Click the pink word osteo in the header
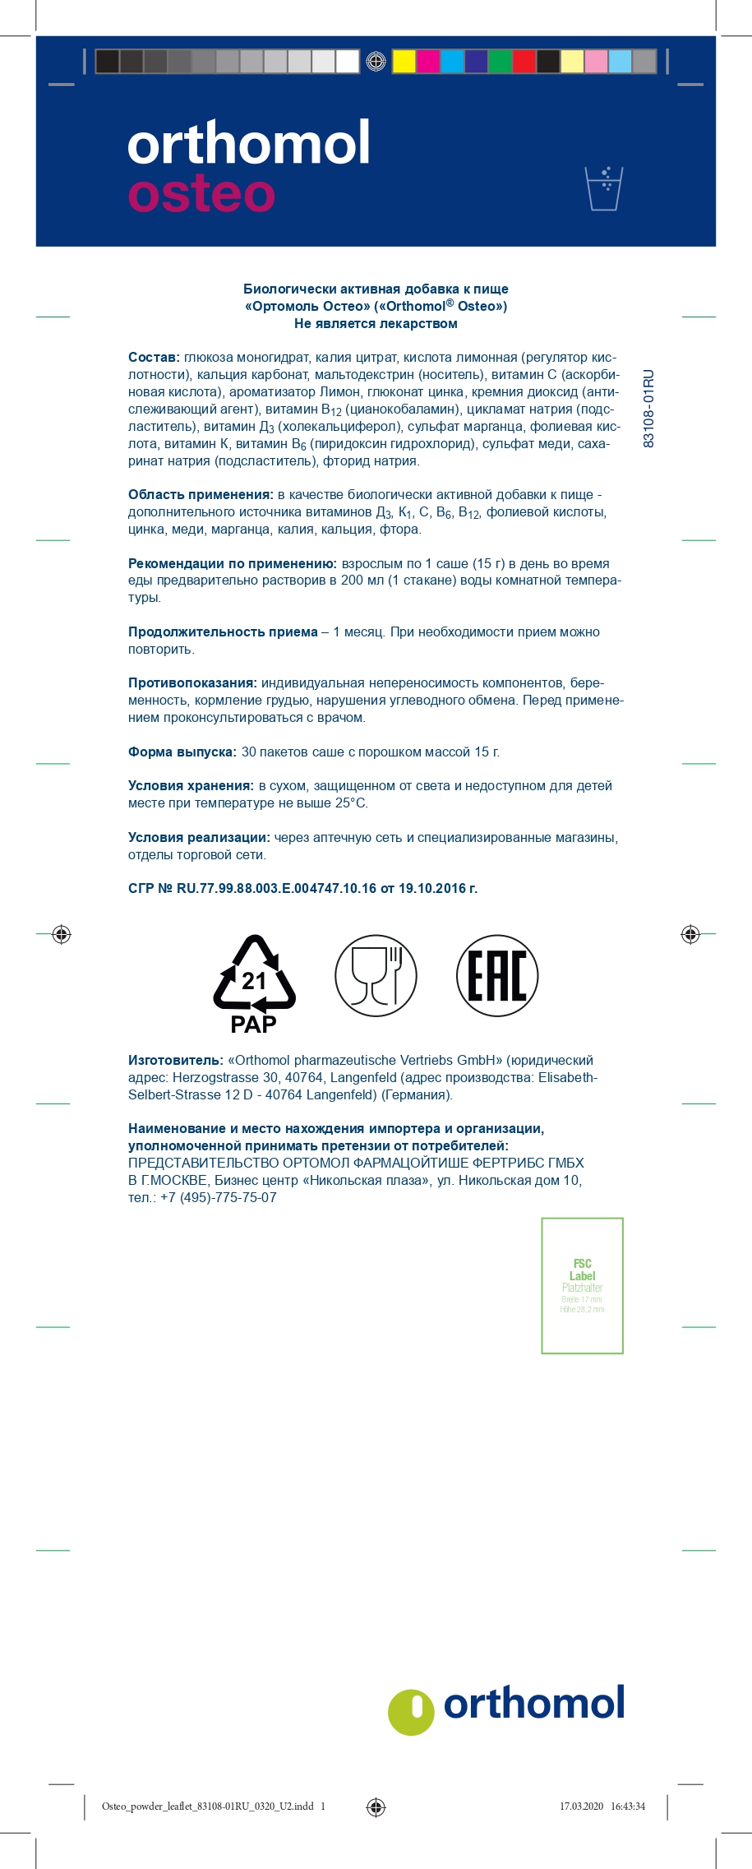pyautogui.click(x=201, y=194)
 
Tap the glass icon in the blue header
pyautogui.click(x=604, y=188)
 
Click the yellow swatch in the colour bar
pyautogui.click(x=404, y=62)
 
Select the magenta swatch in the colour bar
pyautogui.click(x=427, y=62)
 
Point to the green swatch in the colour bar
pyautogui.click(x=500, y=62)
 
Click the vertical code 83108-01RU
pyautogui.click(x=648, y=409)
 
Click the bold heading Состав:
pyautogui.click(x=154, y=358)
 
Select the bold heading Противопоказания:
pyautogui.click(x=192, y=683)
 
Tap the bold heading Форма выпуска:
pyautogui.click(x=182, y=752)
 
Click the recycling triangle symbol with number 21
pyautogui.click(x=254, y=974)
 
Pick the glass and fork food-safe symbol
pyautogui.click(x=376, y=975)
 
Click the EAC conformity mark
pyautogui.click(x=497, y=975)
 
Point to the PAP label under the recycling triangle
pyautogui.click(x=253, y=1025)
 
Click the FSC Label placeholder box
pyautogui.click(x=582, y=1285)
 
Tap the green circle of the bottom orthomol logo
pyautogui.click(x=411, y=1712)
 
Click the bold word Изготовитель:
pyautogui.click(x=175, y=1061)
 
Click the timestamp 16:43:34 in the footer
pyautogui.click(x=628, y=1807)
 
